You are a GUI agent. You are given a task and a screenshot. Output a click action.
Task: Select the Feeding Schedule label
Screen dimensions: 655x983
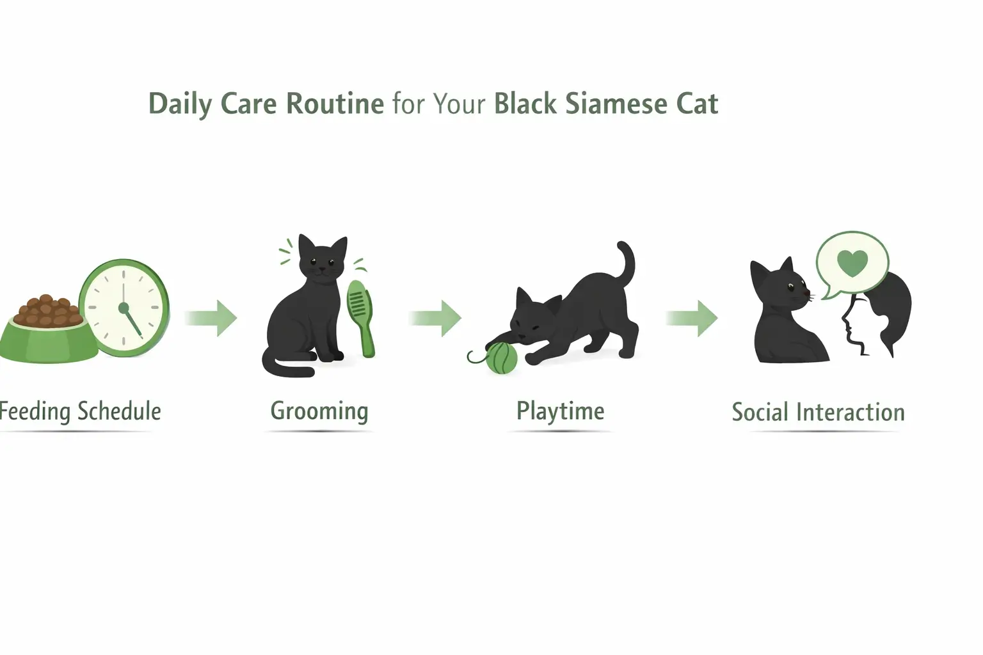coord(80,411)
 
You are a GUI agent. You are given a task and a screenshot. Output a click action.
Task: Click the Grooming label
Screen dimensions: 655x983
coord(319,411)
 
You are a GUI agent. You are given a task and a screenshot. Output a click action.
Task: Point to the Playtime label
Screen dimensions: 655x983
coord(560,411)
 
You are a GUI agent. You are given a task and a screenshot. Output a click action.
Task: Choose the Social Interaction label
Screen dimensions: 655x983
coord(818,413)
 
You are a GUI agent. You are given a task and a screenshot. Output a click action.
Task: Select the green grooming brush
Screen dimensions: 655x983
coord(361,317)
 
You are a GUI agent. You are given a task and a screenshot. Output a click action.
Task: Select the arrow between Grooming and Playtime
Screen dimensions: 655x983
coord(437,318)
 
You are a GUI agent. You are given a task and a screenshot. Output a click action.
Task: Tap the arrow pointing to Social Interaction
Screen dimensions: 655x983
coord(693,318)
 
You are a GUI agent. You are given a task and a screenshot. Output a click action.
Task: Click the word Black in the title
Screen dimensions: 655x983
coord(525,104)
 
